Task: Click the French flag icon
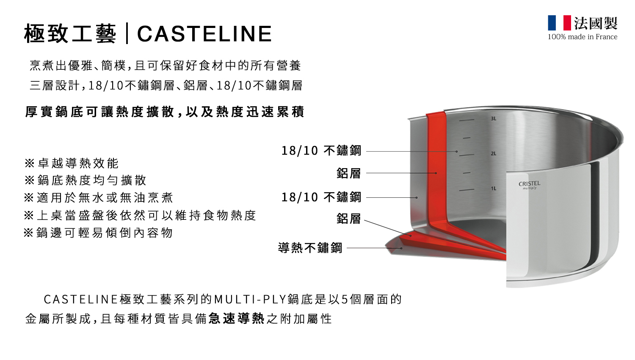coord(559,23)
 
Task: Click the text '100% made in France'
coord(583,37)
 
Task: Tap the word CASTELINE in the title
coord(204,34)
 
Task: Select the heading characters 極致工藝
coord(70,34)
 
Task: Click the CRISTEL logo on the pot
coord(529,184)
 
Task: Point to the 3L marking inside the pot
coord(493,119)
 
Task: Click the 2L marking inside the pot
coord(493,153)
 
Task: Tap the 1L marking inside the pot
coord(493,188)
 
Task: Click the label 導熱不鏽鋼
coord(310,248)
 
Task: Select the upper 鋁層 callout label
coord(349,173)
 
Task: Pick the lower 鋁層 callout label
coord(349,219)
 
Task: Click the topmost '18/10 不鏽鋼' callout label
coord(321,151)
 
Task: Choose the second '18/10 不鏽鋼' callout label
coord(321,197)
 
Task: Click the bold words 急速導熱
coord(236,318)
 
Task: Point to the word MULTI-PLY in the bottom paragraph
coord(250,300)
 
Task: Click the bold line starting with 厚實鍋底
coord(164,112)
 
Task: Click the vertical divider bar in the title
coord(127,34)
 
